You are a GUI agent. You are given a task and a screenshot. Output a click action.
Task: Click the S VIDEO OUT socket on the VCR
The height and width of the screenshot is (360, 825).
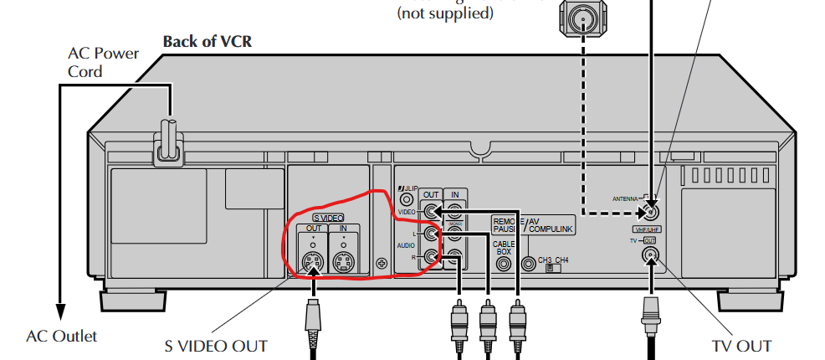coord(312,263)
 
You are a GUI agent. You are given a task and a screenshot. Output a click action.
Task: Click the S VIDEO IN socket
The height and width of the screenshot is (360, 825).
coord(344,263)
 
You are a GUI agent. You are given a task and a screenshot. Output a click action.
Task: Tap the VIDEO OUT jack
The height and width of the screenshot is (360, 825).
coord(431,212)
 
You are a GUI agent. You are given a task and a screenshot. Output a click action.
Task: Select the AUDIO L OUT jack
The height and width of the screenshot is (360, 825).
coord(431,235)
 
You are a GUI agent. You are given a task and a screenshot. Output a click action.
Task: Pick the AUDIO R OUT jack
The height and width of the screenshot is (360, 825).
coord(431,258)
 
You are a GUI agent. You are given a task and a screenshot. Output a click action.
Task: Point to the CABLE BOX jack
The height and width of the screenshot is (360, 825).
coord(504,262)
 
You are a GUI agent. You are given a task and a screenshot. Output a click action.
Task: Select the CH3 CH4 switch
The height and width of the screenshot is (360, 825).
coord(550,269)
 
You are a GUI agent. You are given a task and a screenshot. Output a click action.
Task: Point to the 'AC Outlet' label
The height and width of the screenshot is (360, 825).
coord(62,337)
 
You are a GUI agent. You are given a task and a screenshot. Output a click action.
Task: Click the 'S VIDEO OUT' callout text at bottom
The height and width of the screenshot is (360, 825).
coord(216,346)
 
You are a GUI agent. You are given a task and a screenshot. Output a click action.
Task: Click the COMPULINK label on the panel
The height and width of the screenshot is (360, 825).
coord(552,227)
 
